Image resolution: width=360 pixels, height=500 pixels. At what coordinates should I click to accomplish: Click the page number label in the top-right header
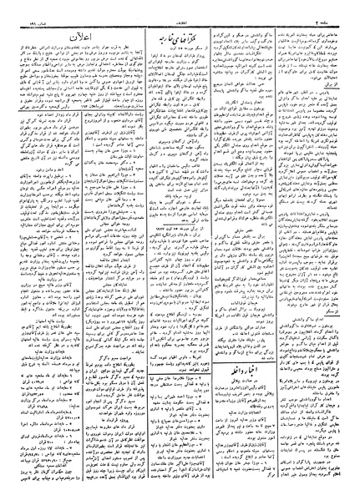tap(337, 8)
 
